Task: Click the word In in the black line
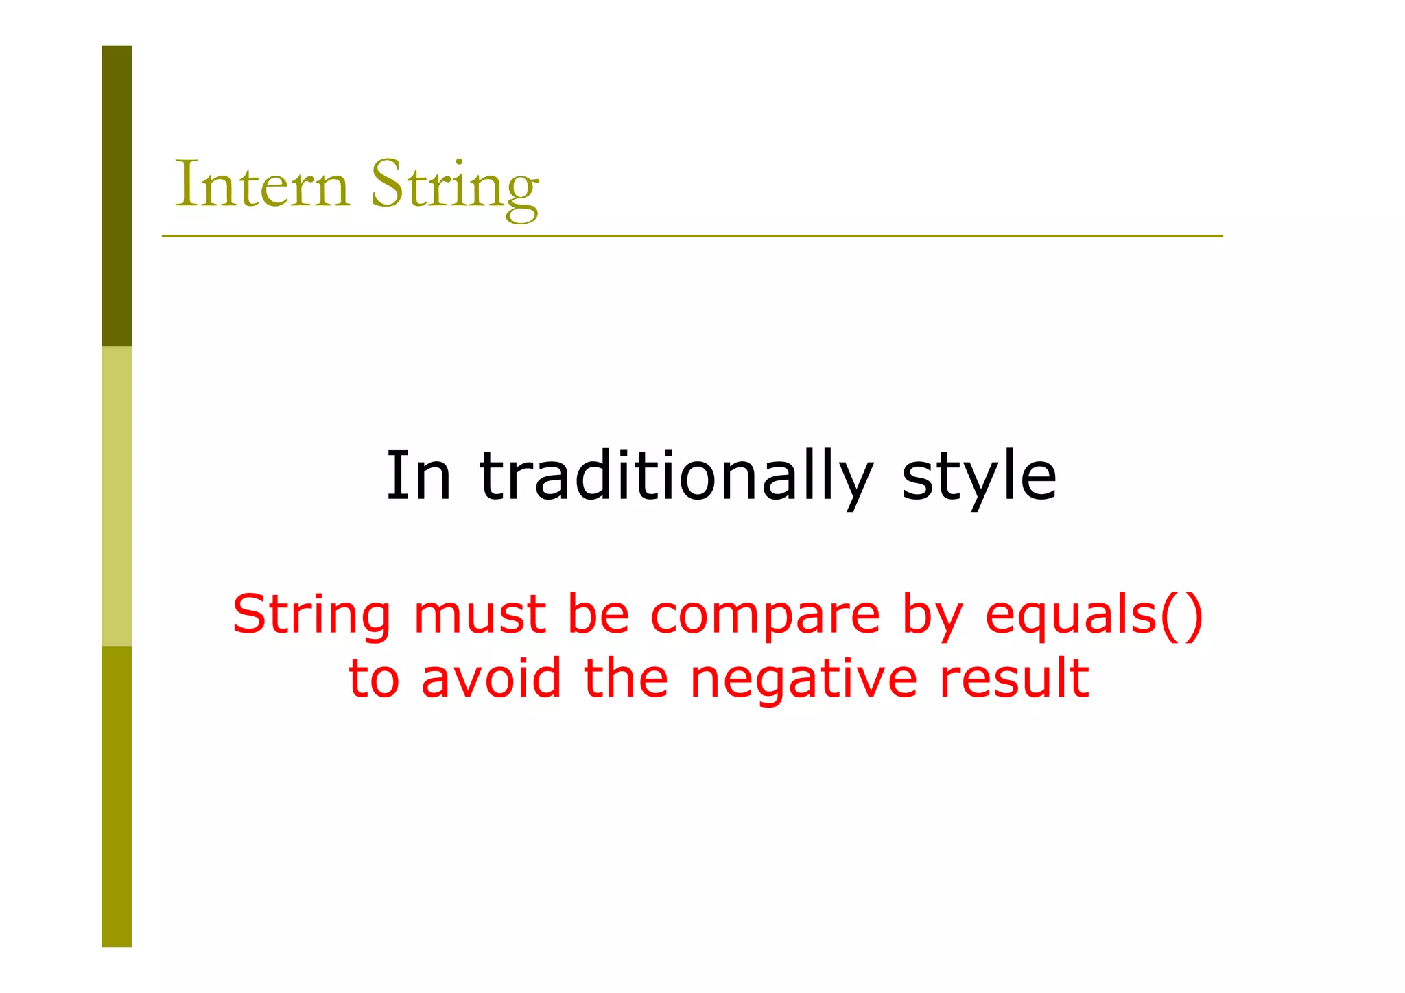[x=418, y=476]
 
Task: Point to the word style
[x=978, y=479]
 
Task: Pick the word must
[x=480, y=615]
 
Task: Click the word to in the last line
[x=374, y=679]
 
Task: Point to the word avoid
[x=491, y=678]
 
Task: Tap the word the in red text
[x=625, y=678]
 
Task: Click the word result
[x=1013, y=678]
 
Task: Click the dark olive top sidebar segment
[x=117, y=196]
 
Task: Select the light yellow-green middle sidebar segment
[x=117, y=496]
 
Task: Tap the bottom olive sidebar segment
[x=117, y=796]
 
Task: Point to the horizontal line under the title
[x=692, y=236]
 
